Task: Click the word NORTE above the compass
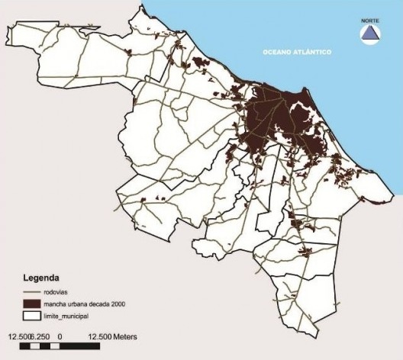pos(369,21)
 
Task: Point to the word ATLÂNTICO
pos(314,52)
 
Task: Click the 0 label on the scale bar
pos(60,336)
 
